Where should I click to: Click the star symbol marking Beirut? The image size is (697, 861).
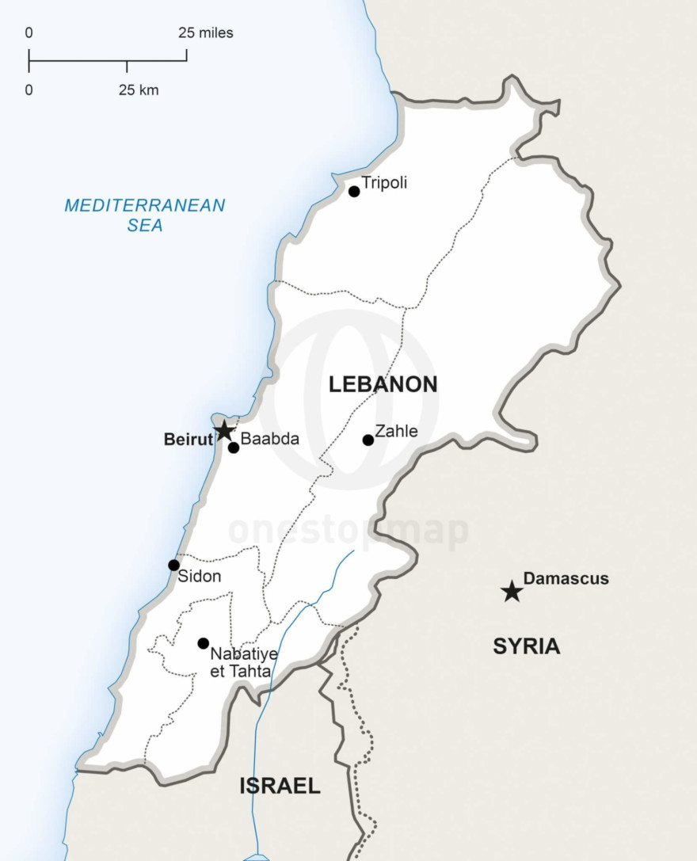[224, 431]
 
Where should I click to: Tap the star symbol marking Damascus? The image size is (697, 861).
[512, 591]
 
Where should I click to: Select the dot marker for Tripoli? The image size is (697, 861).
[354, 191]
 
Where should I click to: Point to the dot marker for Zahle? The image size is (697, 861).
[368, 440]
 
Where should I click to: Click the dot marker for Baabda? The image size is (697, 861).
[234, 448]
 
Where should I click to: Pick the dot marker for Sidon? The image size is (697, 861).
[173, 565]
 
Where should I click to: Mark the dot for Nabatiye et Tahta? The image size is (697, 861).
[204, 643]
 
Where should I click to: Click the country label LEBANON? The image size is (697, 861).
[383, 385]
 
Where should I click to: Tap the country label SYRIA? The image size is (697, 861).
[526, 646]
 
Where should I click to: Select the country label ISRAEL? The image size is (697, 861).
[280, 786]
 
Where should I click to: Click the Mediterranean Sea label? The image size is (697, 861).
[145, 215]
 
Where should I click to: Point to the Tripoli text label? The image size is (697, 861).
[384, 183]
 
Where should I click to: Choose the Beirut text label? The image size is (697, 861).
[189, 439]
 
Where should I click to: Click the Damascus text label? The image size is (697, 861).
[566, 578]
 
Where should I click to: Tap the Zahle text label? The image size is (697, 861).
[396, 432]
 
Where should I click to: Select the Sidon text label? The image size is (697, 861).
[199, 577]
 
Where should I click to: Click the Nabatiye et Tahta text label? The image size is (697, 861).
[240, 663]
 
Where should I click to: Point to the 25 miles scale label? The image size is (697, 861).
[206, 33]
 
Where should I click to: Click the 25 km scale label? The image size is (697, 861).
[139, 90]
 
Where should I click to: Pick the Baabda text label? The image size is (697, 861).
[270, 439]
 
